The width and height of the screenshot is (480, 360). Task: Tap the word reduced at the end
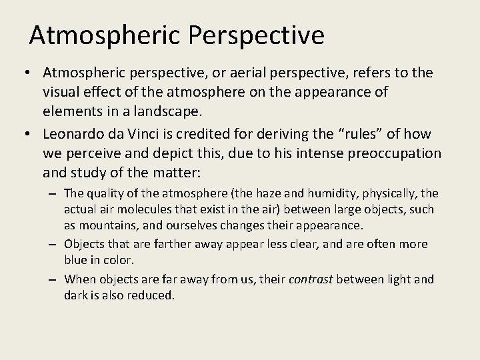[x=153, y=295]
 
